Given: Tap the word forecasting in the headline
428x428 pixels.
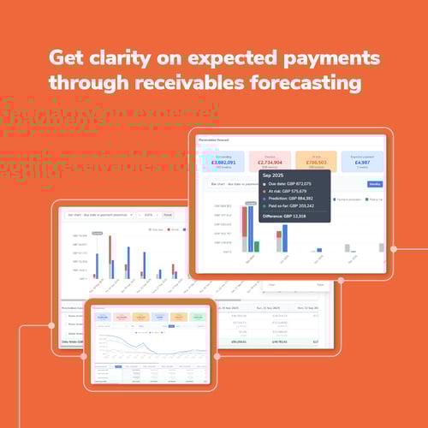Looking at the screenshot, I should point(306,83).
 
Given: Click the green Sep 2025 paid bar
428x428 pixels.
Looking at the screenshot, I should point(257,247).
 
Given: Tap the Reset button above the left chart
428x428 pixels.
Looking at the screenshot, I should point(168,215).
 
